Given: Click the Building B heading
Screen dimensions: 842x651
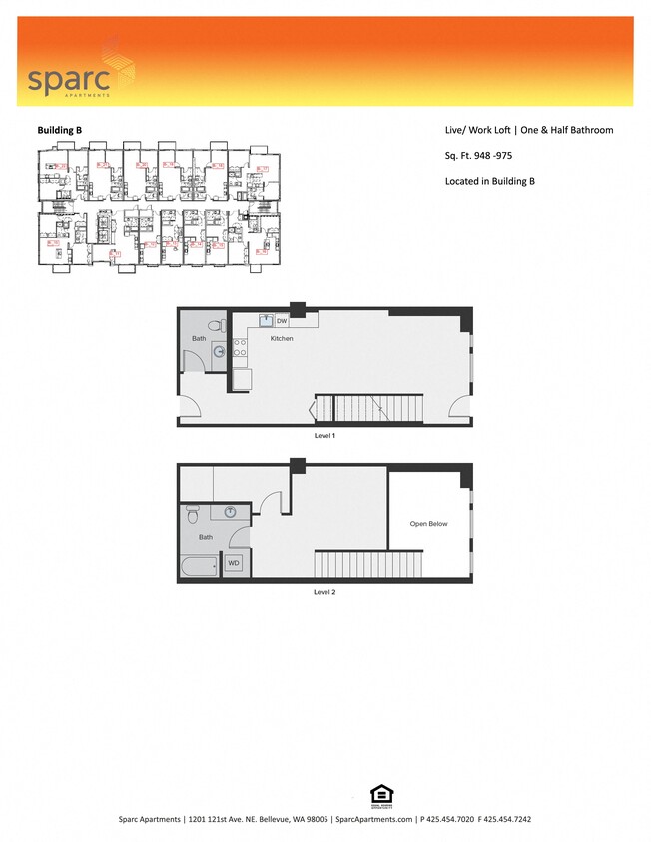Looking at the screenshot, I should [x=60, y=130].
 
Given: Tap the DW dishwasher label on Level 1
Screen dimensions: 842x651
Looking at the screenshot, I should [x=282, y=321].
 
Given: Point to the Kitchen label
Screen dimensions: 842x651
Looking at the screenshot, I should [x=283, y=339].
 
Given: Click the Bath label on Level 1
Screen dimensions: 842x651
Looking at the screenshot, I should [x=199, y=339].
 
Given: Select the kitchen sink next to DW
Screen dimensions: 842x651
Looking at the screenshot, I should [x=266, y=321].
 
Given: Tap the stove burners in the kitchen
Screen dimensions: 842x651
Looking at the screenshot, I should [x=240, y=348].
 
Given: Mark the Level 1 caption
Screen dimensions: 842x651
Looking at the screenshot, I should [x=325, y=437].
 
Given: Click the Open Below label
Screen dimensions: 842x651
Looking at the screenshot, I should [x=429, y=523].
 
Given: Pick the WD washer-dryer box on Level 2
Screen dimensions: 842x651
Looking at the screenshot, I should [x=234, y=563].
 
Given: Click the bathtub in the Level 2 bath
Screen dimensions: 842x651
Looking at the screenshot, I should [x=201, y=568].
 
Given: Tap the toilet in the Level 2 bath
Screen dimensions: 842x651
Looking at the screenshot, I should [x=193, y=514].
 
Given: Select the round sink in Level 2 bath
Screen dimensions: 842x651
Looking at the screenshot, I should [x=230, y=512].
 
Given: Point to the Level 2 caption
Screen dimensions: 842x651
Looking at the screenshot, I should [x=325, y=592].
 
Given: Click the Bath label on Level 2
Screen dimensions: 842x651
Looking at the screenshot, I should [x=206, y=537].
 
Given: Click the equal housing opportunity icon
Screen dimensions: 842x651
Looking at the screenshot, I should [x=379, y=795].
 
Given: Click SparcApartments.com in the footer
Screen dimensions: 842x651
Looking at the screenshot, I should [x=373, y=819].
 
